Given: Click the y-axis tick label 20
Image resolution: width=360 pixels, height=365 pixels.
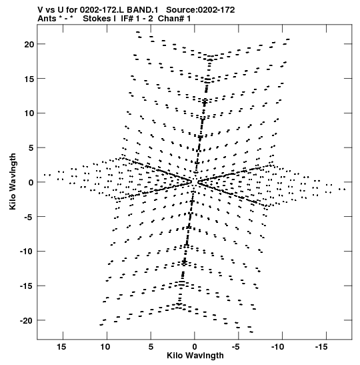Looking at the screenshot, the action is [29, 44].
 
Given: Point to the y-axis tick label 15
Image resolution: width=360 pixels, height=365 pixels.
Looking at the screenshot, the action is [29, 79].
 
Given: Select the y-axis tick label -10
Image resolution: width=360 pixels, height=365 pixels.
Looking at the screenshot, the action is [27, 252].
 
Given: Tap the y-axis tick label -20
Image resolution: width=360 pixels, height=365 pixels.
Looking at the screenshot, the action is [27, 321].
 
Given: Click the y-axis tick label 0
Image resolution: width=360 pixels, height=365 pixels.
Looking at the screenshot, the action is [31, 183].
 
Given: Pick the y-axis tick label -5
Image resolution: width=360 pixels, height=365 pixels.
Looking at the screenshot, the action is [29, 217].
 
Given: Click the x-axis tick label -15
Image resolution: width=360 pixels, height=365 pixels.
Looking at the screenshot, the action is [321, 347].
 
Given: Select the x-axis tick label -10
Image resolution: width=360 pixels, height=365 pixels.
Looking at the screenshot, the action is [277, 347].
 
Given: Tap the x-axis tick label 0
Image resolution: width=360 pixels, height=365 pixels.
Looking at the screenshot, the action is [195, 347].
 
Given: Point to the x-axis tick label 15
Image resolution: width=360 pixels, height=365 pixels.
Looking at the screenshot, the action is [61, 347].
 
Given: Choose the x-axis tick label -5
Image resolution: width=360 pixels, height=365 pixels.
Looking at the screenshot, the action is [235, 347].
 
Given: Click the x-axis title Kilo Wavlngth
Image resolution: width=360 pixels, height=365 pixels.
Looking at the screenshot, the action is [195, 356].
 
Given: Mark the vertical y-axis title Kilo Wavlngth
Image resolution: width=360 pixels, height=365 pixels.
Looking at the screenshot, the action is [13, 181].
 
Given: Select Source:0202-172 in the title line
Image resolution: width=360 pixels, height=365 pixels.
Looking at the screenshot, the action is [201, 10].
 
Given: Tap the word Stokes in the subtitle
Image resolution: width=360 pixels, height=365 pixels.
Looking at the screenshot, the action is [97, 19].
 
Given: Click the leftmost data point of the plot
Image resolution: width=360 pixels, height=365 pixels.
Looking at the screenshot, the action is [45, 175].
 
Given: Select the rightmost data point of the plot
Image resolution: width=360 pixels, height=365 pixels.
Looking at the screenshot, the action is [345, 190].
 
